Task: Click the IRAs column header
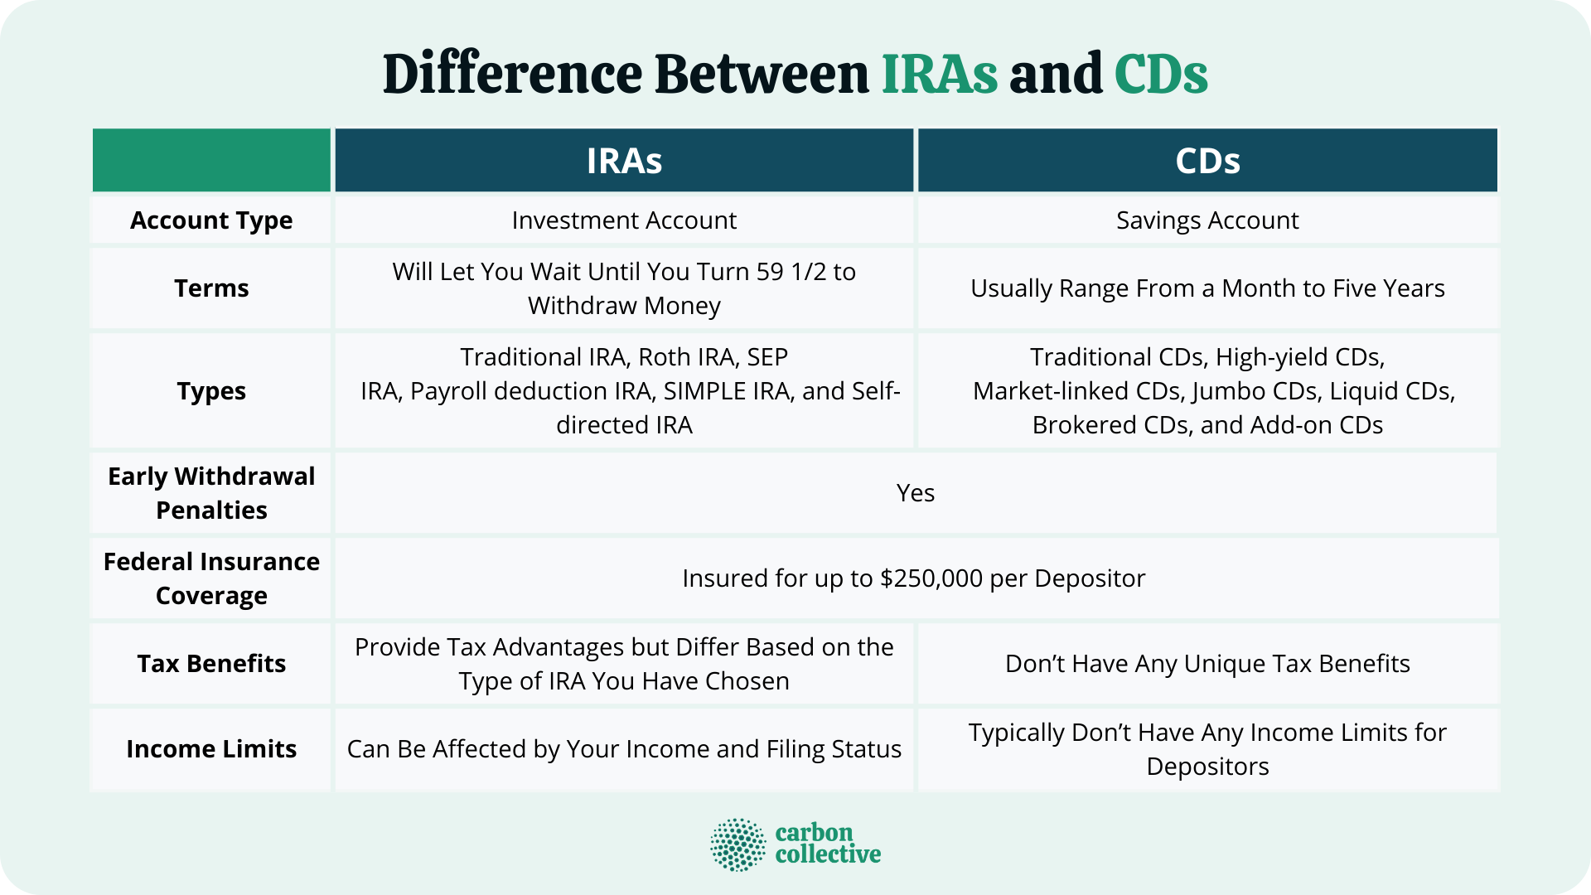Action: pyautogui.click(x=624, y=161)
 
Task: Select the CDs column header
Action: pyautogui.click(x=1207, y=161)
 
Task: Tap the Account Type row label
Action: pyautogui.click(x=211, y=220)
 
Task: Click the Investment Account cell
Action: pyautogui.click(x=624, y=220)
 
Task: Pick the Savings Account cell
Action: pyautogui.click(x=1207, y=220)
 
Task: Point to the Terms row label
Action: pyautogui.click(x=211, y=288)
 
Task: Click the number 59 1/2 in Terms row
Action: pyautogui.click(x=792, y=272)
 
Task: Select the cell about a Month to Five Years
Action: pyautogui.click(x=1207, y=288)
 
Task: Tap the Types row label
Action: pyautogui.click(x=211, y=391)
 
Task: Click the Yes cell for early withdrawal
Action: pyautogui.click(x=915, y=493)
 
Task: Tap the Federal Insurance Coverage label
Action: pyautogui.click(x=211, y=578)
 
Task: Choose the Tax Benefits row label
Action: pyautogui.click(x=211, y=664)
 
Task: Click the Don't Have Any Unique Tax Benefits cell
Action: pyautogui.click(x=1207, y=664)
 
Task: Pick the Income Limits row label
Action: pyautogui.click(x=211, y=749)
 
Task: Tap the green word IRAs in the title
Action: pyautogui.click(x=939, y=75)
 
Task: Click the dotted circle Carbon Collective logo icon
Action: pyautogui.click(x=737, y=844)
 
